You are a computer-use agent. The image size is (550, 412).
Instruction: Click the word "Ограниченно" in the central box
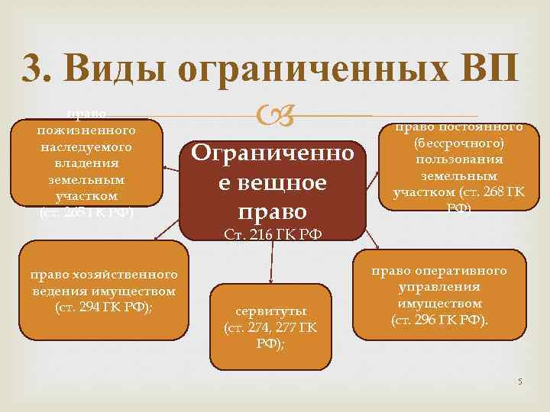(x=273, y=154)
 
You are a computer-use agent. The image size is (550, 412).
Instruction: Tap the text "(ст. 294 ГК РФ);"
(x=104, y=307)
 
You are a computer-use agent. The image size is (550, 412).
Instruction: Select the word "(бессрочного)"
(x=459, y=143)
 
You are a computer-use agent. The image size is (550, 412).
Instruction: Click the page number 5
(x=519, y=380)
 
